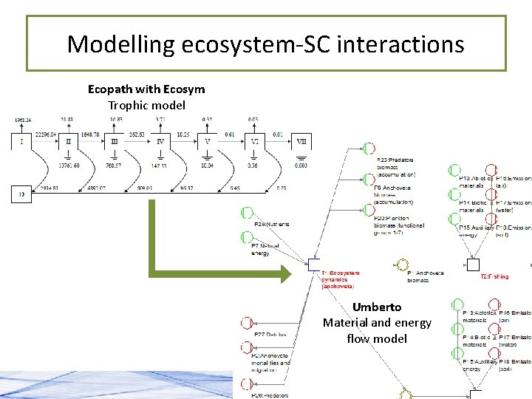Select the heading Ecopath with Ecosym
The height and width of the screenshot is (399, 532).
(146, 89)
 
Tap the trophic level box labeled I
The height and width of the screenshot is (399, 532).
(22, 140)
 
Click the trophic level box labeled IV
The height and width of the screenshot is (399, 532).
(160, 140)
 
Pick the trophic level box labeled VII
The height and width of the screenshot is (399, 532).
(301, 140)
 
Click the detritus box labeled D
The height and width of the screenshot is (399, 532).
(21, 195)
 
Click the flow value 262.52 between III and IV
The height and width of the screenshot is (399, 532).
(137, 134)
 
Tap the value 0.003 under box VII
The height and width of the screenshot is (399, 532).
(301, 166)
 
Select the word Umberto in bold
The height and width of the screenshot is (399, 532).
(377, 307)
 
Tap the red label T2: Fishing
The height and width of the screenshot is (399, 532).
(494, 276)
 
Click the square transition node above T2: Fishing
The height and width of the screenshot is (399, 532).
(473, 265)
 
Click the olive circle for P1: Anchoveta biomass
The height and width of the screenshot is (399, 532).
(403, 265)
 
